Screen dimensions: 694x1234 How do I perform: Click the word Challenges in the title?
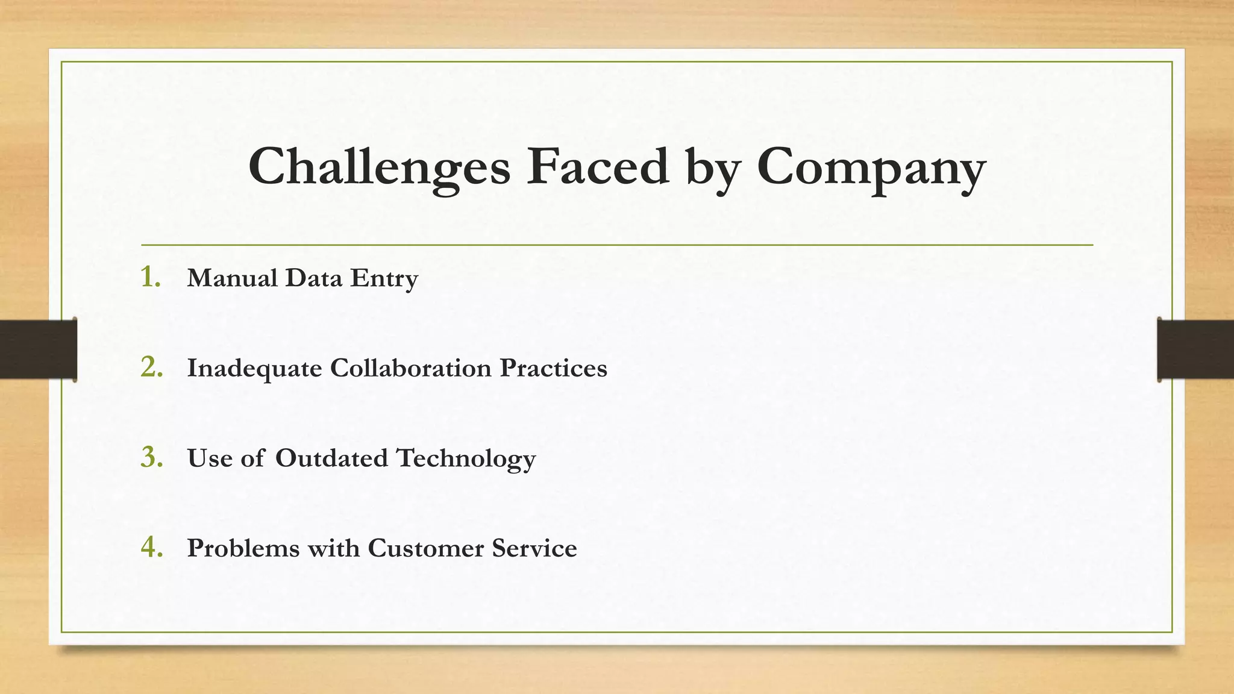tap(379, 167)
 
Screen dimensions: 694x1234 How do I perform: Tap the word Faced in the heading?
tap(597, 166)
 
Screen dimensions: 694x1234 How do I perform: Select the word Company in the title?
tap(871, 167)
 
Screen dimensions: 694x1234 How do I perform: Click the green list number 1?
tap(150, 277)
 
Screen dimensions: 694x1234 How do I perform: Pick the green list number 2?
tap(151, 367)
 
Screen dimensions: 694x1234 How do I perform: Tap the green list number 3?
tap(151, 457)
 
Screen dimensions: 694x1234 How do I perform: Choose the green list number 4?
tap(151, 547)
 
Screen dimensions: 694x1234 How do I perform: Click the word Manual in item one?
tap(232, 278)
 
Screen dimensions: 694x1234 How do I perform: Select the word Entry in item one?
tap(384, 279)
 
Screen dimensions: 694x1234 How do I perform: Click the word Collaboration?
tap(410, 367)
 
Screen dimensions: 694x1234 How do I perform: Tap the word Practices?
tap(553, 367)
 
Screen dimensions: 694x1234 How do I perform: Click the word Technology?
tap(466, 459)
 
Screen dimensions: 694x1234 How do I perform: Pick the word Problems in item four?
tap(243, 548)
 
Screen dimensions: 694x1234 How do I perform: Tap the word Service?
tap(534, 548)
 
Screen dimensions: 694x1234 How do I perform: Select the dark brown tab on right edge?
tap(1195, 349)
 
